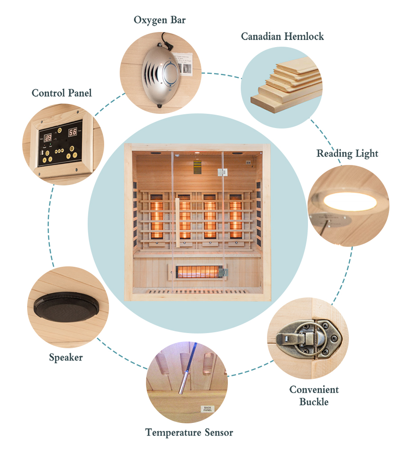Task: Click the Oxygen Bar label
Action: pyautogui.click(x=160, y=20)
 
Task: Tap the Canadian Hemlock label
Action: pyautogui.click(x=282, y=36)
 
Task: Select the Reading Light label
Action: pyautogui.click(x=347, y=154)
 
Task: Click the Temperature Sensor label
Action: pyautogui.click(x=189, y=432)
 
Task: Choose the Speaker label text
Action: pyautogui.click(x=66, y=358)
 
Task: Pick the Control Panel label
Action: pyautogui.click(x=62, y=93)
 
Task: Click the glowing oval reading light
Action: pyautogui.click(x=350, y=201)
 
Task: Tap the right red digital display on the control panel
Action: pyautogui.click(x=72, y=132)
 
